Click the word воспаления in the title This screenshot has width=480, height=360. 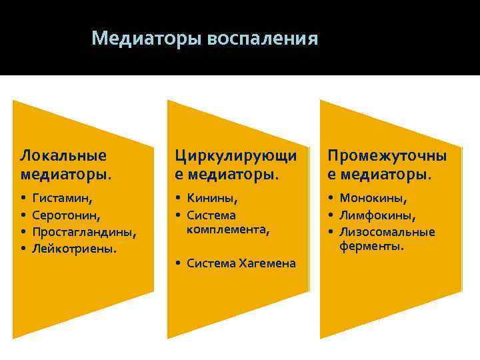click(263, 38)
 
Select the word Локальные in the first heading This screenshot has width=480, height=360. click(63, 155)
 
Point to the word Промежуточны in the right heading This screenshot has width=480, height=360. click(387, 155)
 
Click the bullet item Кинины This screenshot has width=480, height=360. click(213, 198)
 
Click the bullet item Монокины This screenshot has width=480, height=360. click(373, 198)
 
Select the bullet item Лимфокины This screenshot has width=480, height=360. click(377, 215)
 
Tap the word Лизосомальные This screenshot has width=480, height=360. click(387, 232)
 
